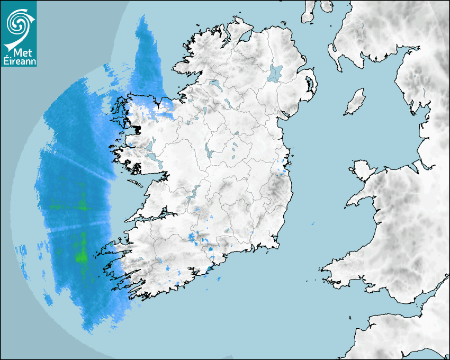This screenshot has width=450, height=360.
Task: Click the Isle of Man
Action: pyautogui.click(x=355, y=102)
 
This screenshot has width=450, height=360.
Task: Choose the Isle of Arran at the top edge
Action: pyautogui.click(x=309, y=12)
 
